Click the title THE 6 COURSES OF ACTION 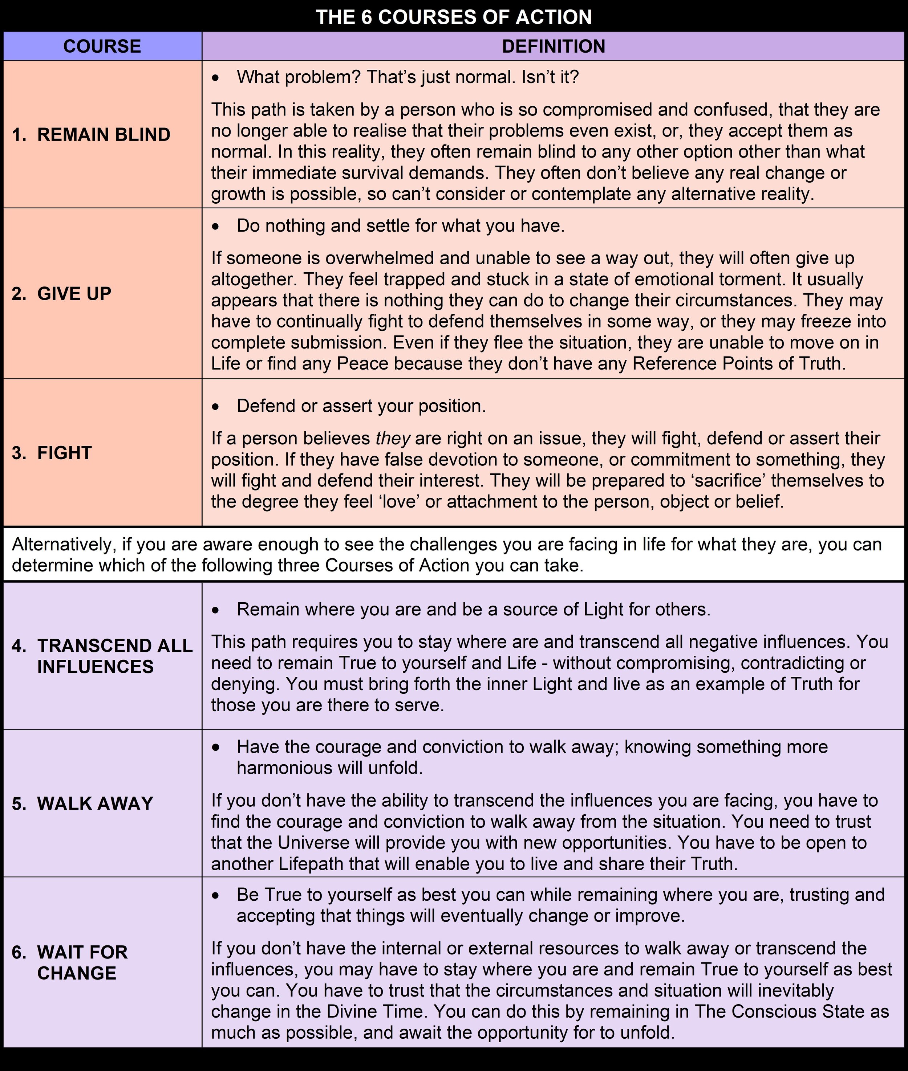click(x=454, y=17)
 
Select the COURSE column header click(x=102, y=46)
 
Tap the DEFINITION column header click(x=554, y=46)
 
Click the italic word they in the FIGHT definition click(x=393, y=438)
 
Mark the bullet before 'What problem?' click(x=216, y=78)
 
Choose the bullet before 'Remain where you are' click(x=216, y=610)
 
